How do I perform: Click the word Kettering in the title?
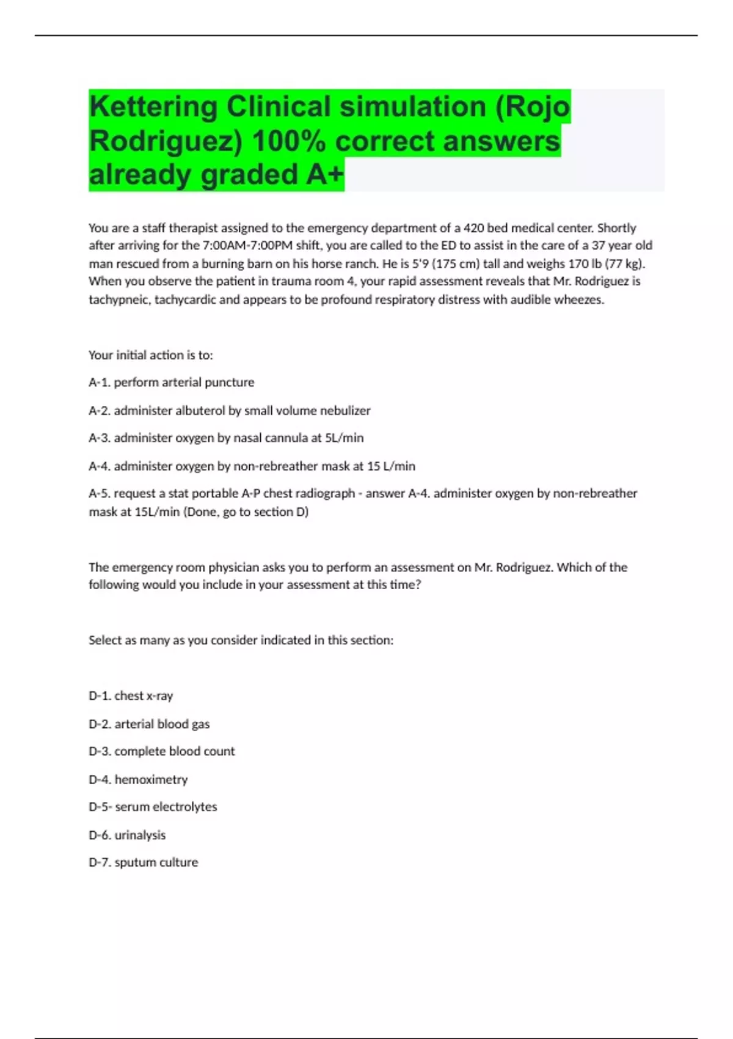(x=153, y=107)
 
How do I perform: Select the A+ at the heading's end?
(x=325, y=175)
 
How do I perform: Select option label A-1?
(x=100, y=383)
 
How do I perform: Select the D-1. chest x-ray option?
(x=131, y=696)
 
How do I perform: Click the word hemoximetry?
(x=151, y=780)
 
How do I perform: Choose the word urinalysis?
(x=140, y=835)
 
